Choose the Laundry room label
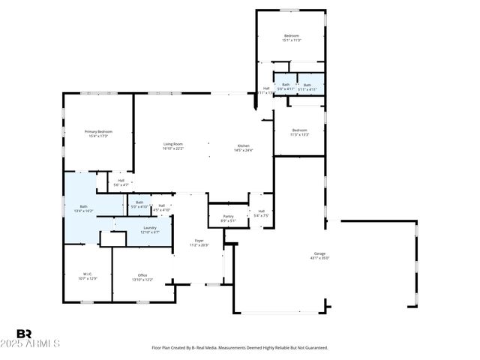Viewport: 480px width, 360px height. pos(150,229)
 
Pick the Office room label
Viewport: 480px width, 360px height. pos(142,277)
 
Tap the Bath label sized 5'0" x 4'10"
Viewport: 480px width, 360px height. pos(139,205)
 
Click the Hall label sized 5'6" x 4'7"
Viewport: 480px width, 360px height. pos(121,182)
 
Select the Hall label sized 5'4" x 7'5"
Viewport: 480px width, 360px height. pos(261,214)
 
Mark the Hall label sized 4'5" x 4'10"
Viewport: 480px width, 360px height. pos(161,207)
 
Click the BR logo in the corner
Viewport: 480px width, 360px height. pos(24,334)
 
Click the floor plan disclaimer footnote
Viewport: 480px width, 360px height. pos(240,348)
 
